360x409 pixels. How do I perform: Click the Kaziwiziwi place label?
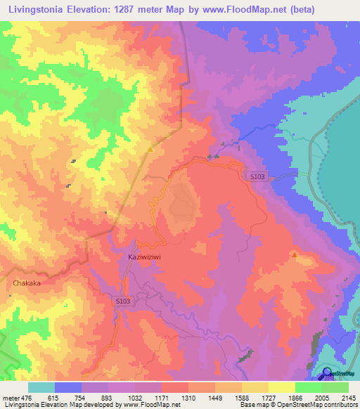[x=145, y=257]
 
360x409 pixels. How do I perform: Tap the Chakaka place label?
[x=27, y=283]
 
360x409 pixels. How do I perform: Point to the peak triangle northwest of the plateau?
[x=150, y=149]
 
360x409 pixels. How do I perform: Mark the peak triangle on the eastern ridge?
[x=294, y=254]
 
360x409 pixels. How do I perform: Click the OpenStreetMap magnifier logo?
[x=326, y=372]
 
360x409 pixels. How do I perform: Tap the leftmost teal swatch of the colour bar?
[x=41, y=387]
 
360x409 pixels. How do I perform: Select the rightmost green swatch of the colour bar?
[x=335, y=387]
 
